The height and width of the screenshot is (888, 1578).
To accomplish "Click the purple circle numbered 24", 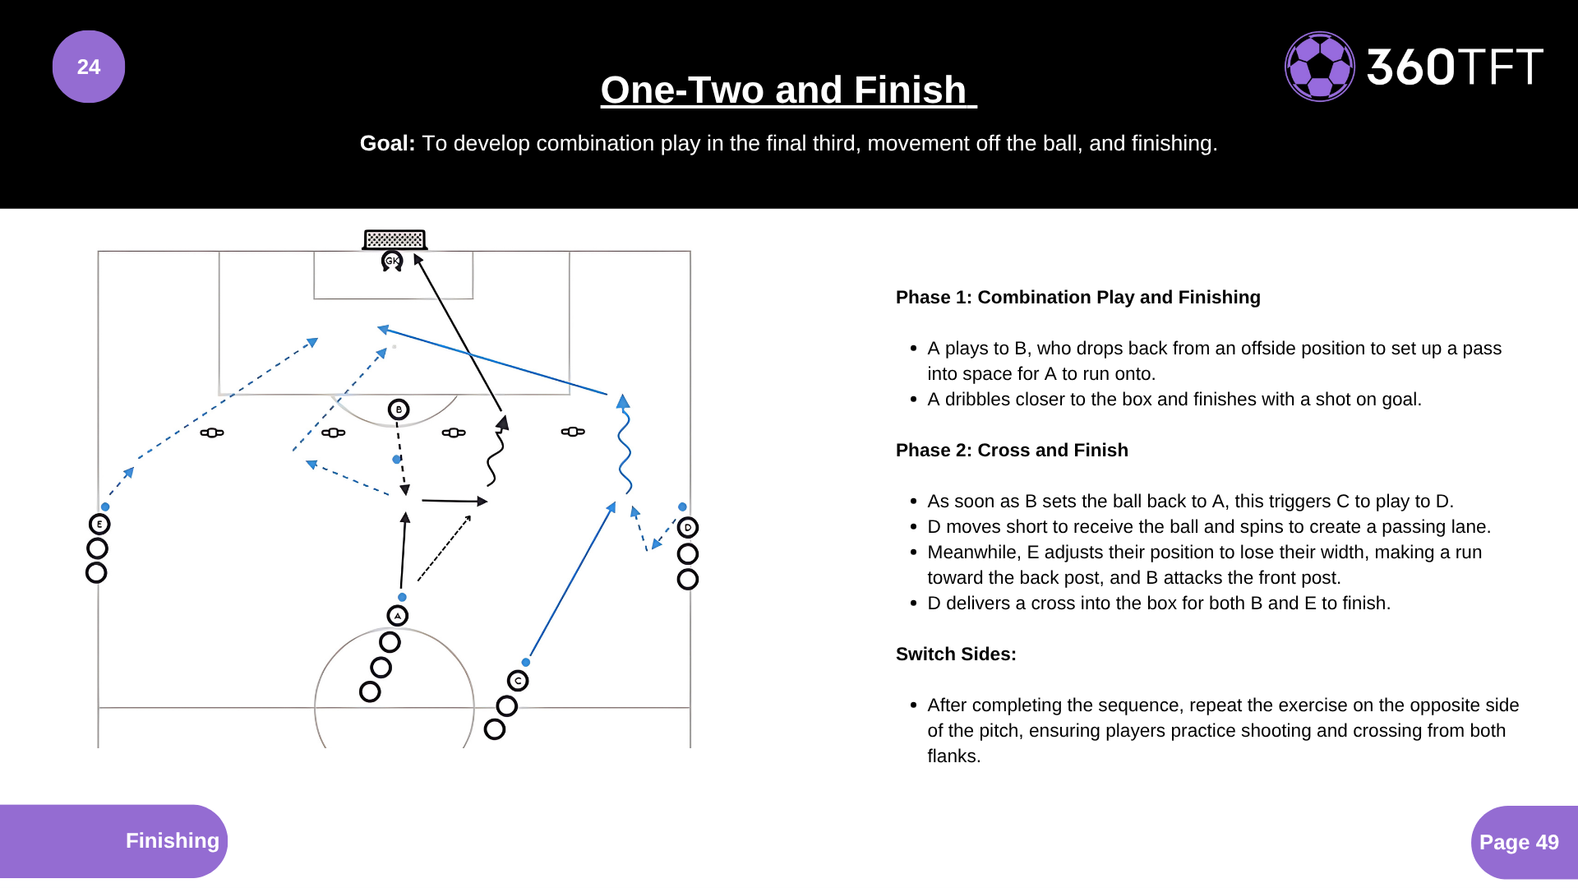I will (89, 67).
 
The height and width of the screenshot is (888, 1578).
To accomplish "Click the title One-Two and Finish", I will (787, 90).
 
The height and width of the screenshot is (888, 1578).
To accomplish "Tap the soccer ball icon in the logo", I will (1319, 67).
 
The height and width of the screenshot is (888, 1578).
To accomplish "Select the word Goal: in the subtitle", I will (387, 143).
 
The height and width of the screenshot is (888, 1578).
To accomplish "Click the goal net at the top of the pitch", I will (394, 239).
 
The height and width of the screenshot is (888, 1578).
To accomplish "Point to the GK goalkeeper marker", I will (392, 261).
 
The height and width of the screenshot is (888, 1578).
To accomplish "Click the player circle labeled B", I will (399, 409).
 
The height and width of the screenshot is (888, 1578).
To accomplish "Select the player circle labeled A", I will (398, 616).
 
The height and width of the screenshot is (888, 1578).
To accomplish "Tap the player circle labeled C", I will (518, 681).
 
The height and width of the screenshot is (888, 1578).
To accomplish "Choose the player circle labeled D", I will (688, 528).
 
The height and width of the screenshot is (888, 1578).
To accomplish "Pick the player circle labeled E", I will (99, 525).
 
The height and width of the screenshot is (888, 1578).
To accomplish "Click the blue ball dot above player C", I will (526, 662).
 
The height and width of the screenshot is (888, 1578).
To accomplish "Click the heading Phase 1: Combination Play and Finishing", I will (1077, 298).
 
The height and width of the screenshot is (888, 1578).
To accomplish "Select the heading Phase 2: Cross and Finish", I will (1012, 451).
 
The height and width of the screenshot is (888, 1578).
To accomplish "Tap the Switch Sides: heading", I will (956, 654).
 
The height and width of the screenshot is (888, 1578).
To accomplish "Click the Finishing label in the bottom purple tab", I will (172, 840).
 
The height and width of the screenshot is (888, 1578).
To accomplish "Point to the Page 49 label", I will (1518, 842).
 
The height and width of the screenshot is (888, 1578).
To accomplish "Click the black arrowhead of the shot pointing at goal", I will (418, 260).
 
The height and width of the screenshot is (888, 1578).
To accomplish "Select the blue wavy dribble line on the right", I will (625, 448).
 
